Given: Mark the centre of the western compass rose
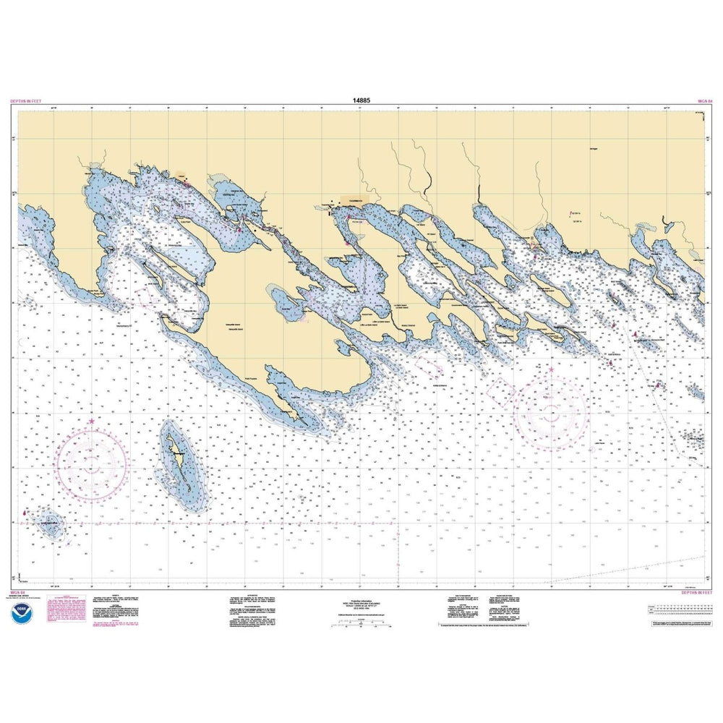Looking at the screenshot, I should click(x=94, y=463).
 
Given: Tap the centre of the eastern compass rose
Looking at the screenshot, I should click(x=551, y=414).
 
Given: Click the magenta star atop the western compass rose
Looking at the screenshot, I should click(x=91, y=421).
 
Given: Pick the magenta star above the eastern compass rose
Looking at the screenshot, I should click(x=551, y=370).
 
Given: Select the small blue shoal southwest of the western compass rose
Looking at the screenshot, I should click(x=51, y=525).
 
